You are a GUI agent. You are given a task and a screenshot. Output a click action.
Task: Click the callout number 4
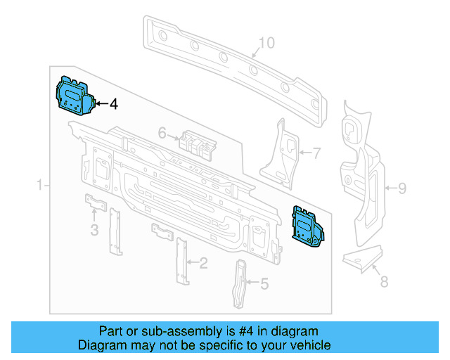(x=113, y=104)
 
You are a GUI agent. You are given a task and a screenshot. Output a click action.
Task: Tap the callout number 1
(x=40, y=185)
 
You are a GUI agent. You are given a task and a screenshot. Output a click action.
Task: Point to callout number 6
(x=162, y=132)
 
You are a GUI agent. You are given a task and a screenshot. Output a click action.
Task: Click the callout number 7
(x=316, y=151)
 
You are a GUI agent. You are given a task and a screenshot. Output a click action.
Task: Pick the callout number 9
(x=402, y=188)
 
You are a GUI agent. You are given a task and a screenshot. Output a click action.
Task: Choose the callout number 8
(x=383, y=283)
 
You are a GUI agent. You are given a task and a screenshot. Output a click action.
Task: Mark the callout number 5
(x=264, y=283)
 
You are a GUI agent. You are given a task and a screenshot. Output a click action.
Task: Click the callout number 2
(x=203, y=264)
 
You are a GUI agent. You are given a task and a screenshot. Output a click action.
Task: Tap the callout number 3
(x=94, y=231)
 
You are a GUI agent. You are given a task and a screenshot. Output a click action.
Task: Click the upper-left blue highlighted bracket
(x=73, y=95)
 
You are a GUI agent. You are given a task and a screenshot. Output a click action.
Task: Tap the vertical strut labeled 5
(x=241, y=283)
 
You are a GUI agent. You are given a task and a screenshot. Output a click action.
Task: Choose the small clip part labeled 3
(x=96, y=203)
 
